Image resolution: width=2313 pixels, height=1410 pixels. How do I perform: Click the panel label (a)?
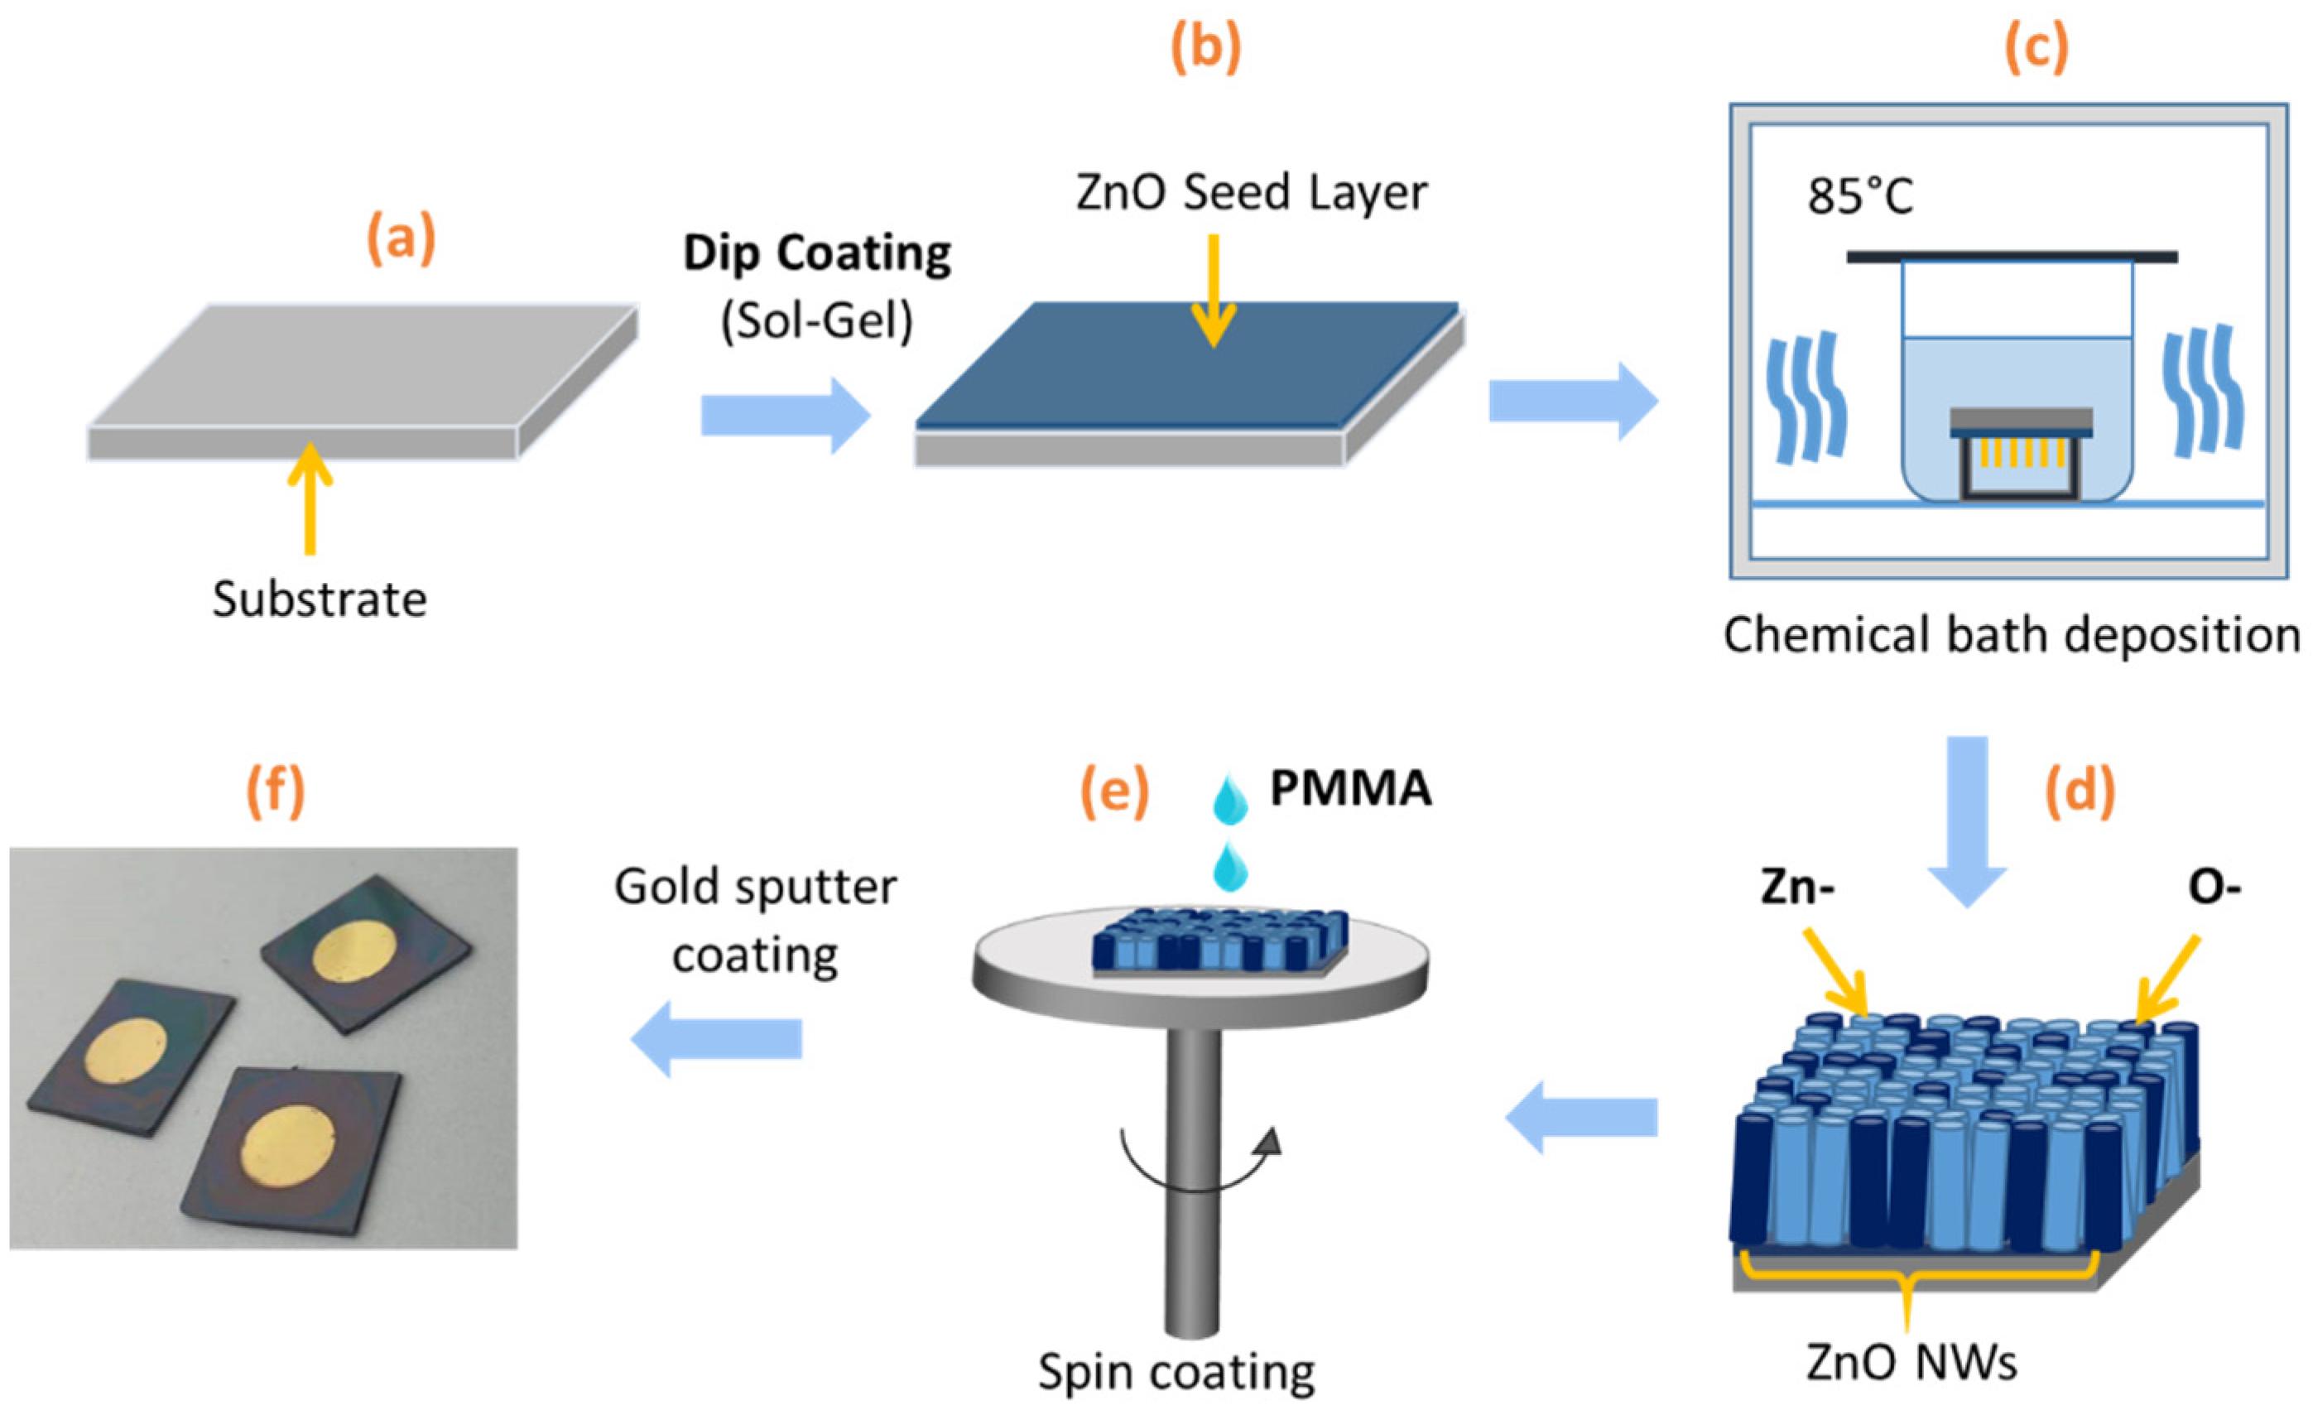(401, 238)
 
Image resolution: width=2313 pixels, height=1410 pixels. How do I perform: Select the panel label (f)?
(275, 791)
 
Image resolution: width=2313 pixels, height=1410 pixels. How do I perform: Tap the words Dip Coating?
(817, 253)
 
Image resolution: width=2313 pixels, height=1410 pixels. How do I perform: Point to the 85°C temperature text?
(1859, 197)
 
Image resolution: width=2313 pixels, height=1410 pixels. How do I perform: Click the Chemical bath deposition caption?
(2011, 636)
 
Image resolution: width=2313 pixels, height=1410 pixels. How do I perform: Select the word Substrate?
(320, 599)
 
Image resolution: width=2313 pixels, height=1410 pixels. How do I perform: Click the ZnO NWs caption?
(1911, 1362)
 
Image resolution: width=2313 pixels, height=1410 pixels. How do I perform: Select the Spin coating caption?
(1176, 1373)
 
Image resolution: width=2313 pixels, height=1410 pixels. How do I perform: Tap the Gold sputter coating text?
(756, 921)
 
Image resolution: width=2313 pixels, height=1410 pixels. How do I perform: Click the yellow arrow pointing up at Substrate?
(309, 498)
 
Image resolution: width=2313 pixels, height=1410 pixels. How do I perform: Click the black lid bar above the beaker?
(2012, 257)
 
